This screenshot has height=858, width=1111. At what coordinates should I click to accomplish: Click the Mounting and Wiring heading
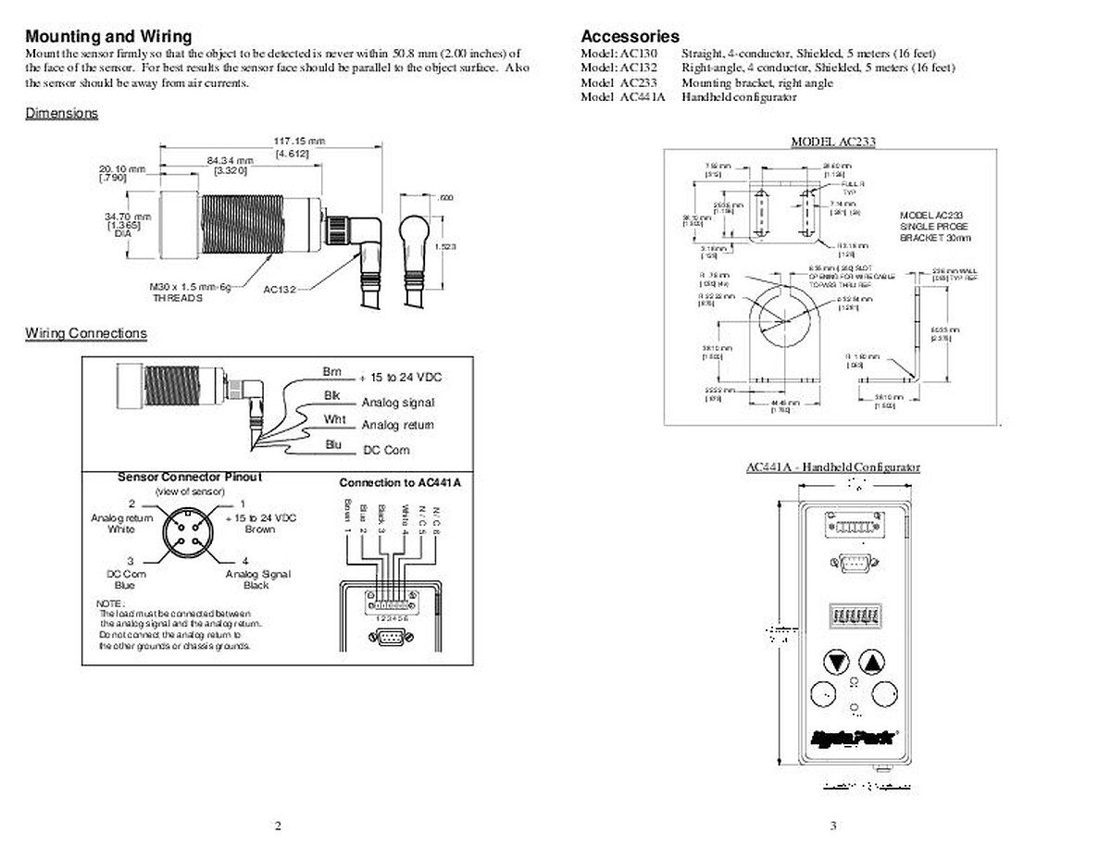coord(108,36)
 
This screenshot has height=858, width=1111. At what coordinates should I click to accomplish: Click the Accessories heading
coord(630,36)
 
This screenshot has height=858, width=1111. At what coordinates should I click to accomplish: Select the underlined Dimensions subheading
coord(61,113)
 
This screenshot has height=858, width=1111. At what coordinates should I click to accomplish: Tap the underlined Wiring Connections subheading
coord(85,333)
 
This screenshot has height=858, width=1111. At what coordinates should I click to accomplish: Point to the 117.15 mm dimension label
coord(298,141)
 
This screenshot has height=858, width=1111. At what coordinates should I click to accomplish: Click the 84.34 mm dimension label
coord(231,160)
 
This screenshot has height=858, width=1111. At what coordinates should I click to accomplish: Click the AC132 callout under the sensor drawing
coord(279,290)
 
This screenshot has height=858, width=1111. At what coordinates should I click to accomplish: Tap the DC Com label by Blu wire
coord(386,450)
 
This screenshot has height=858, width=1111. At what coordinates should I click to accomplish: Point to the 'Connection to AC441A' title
coord(399,483)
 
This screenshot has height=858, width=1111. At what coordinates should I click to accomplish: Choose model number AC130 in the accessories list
coord(639,54)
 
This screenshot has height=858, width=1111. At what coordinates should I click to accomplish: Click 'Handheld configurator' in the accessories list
coord(739,97)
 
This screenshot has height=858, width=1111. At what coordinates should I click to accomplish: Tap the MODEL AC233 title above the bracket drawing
coord(832,142)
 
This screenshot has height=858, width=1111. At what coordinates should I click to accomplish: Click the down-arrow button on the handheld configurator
coord(838,663)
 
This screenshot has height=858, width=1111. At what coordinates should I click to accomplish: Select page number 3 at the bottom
coord(832,827)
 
